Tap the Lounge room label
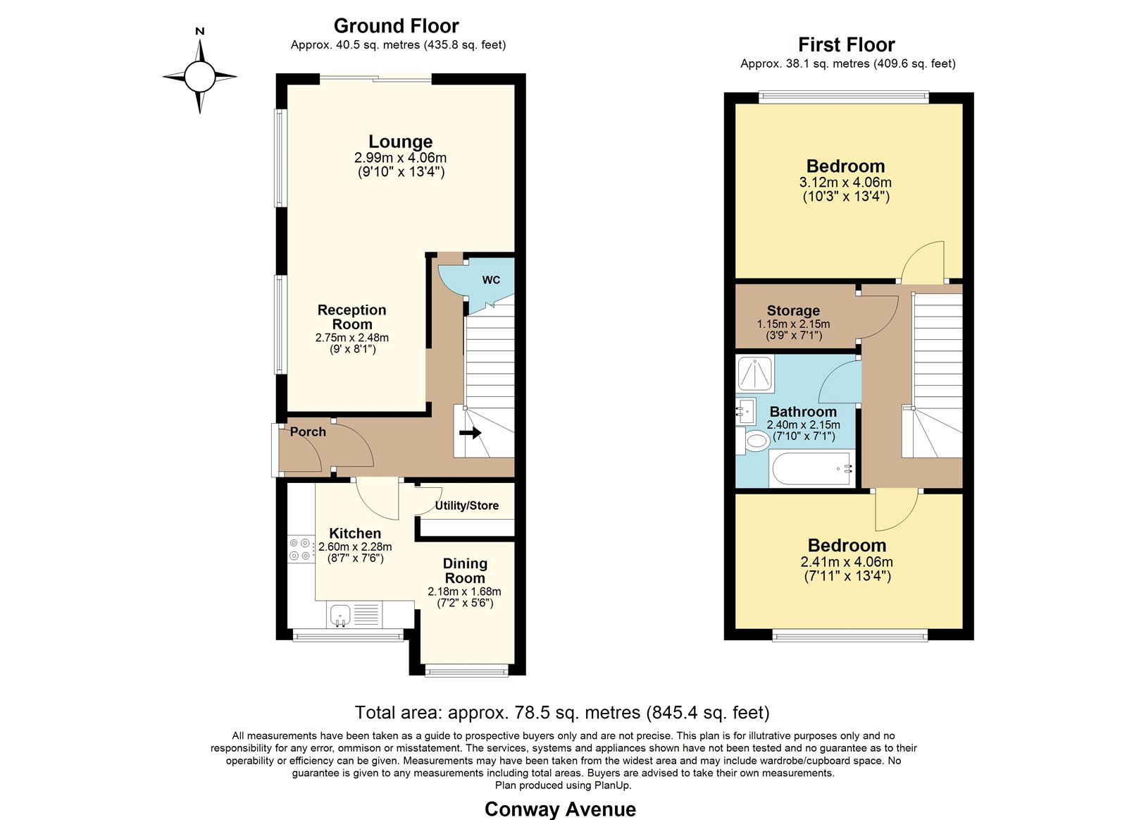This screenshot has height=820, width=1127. pos(401,142)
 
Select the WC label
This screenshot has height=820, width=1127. pos(491,280)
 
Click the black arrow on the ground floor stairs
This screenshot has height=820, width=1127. pos(471,432)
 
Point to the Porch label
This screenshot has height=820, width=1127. pos(308,432)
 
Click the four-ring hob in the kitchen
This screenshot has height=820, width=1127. pos(299,549)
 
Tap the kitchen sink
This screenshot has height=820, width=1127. pos(341,615)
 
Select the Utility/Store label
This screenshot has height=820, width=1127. pos(467,506)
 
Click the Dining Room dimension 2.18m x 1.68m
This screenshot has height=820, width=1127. pos(464,592)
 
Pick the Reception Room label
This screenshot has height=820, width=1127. pos(352,317)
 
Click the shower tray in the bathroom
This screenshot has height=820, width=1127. pos(754,373)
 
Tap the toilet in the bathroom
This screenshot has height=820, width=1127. pos(753,441)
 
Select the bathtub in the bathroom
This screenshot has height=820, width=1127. pos(811,468)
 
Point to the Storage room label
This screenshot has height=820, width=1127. pos(793,310)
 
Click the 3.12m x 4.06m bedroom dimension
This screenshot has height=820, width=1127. pos(845,183)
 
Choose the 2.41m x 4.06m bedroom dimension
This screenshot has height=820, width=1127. pos(847,562)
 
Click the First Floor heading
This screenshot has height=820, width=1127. pos(847,45)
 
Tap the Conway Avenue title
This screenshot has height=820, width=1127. pos(560,809)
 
